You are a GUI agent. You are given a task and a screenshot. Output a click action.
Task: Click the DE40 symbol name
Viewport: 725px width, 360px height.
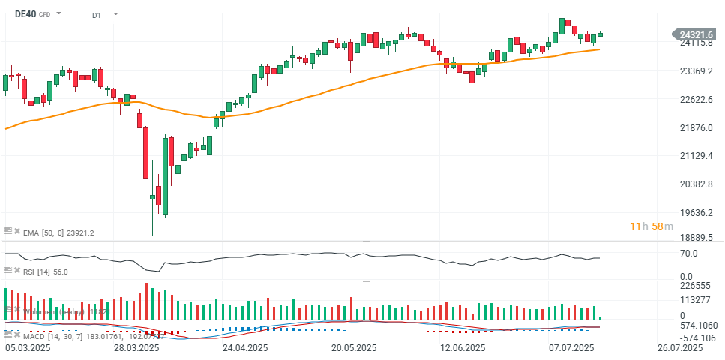25,13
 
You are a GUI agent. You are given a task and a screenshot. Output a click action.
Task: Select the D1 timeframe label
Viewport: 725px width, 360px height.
97,14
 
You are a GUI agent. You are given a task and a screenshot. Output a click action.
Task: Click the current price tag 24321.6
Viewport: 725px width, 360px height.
697,34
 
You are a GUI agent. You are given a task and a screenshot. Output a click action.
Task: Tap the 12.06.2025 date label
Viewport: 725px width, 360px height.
462,348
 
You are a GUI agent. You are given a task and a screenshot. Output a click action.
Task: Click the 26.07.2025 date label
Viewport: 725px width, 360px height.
680,348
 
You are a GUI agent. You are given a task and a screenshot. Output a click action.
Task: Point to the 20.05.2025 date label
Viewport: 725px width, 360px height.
354,348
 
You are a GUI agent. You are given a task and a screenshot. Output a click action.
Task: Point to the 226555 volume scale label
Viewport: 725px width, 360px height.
694,286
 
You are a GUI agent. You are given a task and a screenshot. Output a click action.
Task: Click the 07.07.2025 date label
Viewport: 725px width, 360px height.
571,348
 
